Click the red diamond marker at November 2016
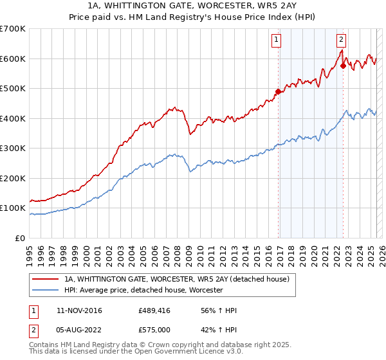pos(279,92)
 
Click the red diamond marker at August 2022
pos(344,66)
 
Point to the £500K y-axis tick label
pos(13,89)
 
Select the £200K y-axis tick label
pos(13,179)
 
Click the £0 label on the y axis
pos(21,239)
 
